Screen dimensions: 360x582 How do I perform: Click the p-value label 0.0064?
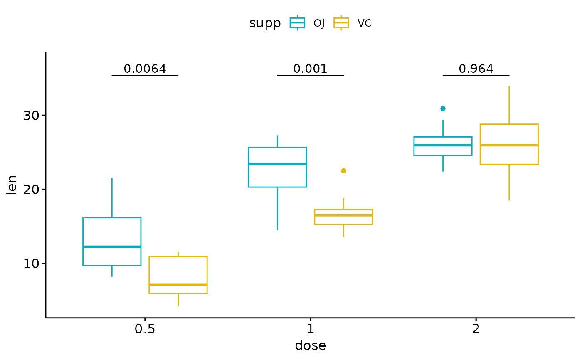click(x=145, y=69)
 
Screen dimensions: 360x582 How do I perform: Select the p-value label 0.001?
click(x=310, y=69)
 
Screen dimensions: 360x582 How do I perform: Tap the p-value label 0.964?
click(x=476, y=69)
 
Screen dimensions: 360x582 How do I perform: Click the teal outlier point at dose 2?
click(x=443, y=108)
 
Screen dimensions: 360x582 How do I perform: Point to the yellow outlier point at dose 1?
click(x=343, y=171)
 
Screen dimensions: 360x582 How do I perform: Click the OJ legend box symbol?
click(x=297, y=23)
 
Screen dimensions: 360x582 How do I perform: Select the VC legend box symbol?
click(x=341, y=23)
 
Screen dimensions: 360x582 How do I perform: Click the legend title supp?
click(x=265, y=23)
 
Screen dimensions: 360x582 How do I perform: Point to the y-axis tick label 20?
click(x=32, y=189)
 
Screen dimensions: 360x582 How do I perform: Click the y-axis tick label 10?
click(x=32, y=264)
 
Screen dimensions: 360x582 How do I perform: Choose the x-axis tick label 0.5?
click(x=145, y=329)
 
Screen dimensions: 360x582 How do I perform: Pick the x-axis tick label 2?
click(x=476, y=329)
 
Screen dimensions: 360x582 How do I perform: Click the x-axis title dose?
click(x=310, y=345)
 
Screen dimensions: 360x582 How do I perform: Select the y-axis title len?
click(x=12, y=185)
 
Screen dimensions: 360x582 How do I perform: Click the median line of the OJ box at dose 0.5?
click(x=112, y=247)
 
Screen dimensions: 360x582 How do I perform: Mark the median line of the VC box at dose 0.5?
click(x=178, y=284)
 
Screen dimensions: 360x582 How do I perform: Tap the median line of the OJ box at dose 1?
click(x=277, y=164)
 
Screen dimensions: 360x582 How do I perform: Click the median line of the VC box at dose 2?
click(x=509, y=145)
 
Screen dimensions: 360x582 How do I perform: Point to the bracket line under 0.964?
click(x=476, y=75)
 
